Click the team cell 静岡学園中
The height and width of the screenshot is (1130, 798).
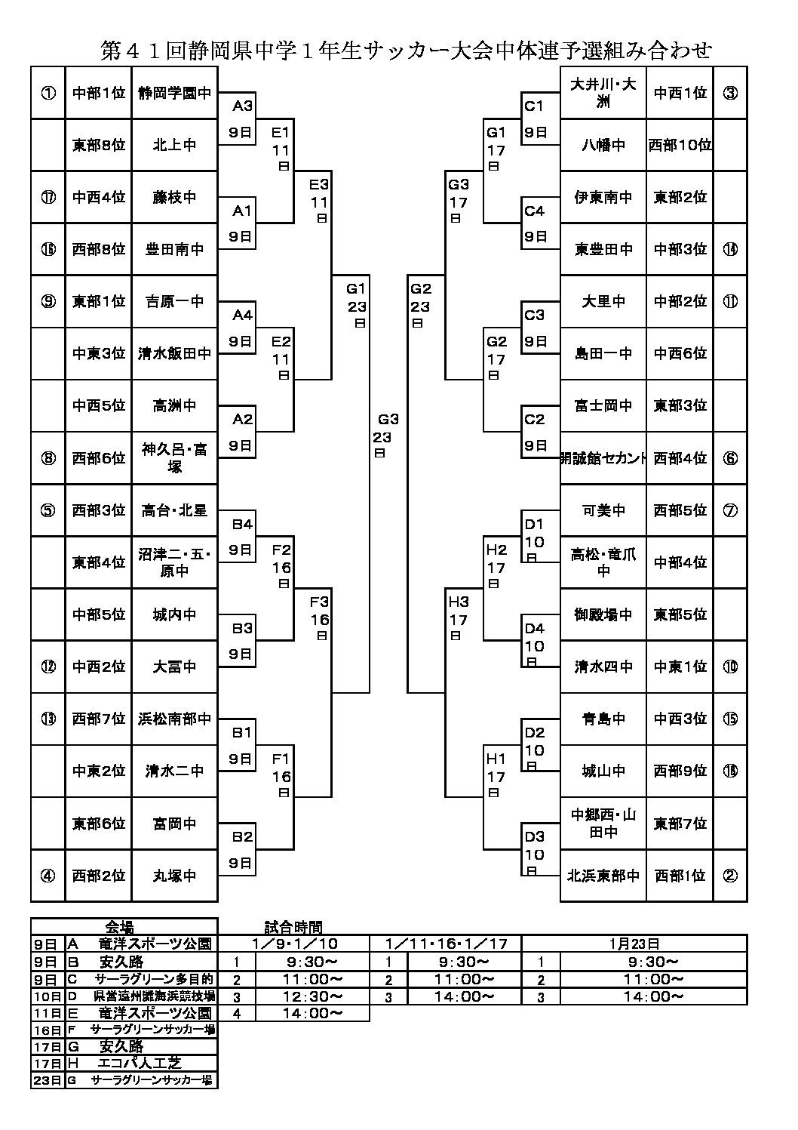pyautogui.click(x=174, y=93)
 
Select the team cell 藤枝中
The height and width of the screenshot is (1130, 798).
pyautogui.click(x=174, y=197)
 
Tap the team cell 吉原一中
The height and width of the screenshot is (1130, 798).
pyautogui.click(x=174, y=301)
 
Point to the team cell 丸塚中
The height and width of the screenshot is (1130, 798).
pyautogui.click(x=174, y=876)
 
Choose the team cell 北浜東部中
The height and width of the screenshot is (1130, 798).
pyautogui.click(x=603, y=876)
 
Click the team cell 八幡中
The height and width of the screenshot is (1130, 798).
pyautogui.click(x=603, y=145)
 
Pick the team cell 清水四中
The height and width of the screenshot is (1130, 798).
pyautogui.click(x=603, y=667)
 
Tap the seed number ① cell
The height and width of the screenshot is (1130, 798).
pyautogui.click(x=48, y=93)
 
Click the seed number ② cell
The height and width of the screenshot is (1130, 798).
pyautogui.click(x=729, y=876)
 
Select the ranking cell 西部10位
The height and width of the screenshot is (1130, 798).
pyautogui.click(x=680, y=145)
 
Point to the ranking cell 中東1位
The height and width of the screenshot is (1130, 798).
pyautogui.click(x=680, y=667)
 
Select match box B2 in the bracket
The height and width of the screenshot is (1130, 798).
pyautogui.click(x=241, y=849)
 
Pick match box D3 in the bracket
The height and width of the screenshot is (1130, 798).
pyautogui.click(x=536, y=849)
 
